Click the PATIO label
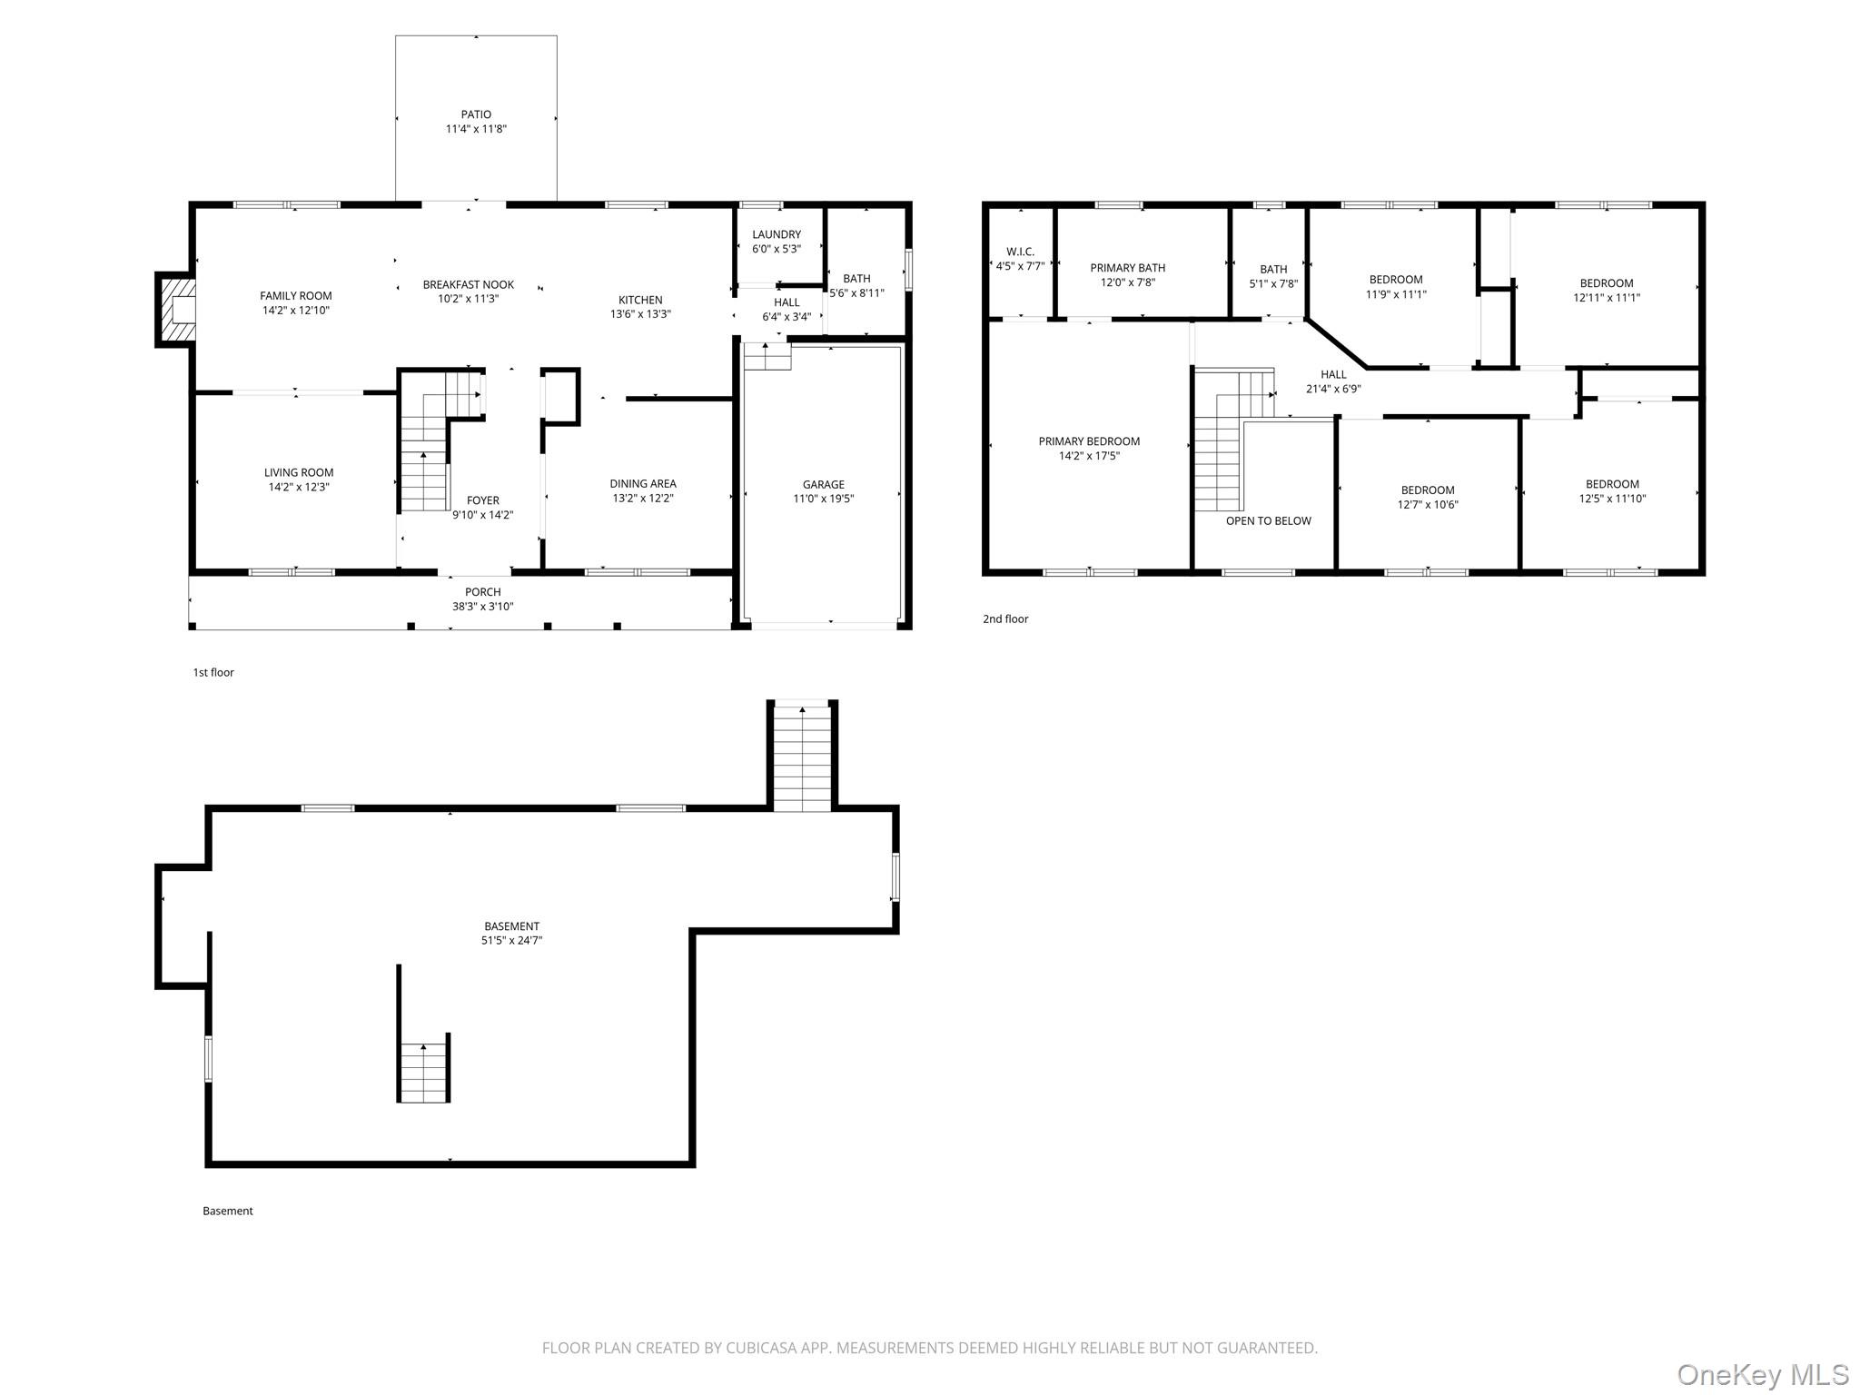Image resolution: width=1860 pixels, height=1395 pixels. point(476,114)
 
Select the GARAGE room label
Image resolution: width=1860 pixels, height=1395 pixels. point(824,484)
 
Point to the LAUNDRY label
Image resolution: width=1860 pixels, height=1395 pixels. point(777,234)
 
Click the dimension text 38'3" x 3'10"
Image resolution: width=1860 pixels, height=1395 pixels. point(483,607)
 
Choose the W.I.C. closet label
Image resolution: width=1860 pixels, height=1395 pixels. point(1020,252)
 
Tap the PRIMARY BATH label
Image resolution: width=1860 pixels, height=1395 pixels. point(1128,268)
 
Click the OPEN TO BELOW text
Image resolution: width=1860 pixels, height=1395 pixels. point(1269,520)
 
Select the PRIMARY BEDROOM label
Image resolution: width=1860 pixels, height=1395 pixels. point(1089,441)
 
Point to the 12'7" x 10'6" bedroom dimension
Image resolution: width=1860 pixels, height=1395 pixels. point(1428,505)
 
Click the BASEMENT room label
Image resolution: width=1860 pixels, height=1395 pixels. point(511,926)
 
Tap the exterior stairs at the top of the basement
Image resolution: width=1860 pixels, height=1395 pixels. point(802,756)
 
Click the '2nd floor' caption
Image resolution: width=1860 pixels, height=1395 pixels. point(1005,619)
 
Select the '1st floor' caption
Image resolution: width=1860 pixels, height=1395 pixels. point(213,673)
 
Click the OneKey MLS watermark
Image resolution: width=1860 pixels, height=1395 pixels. point(1763,1374)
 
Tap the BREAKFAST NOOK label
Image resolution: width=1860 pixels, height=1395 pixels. point(469,284)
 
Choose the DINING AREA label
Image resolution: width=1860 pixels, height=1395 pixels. point(643,484)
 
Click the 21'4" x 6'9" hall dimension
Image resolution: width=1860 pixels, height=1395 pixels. point(1333,389)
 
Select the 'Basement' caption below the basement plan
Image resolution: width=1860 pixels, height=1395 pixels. point(228,1212)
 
